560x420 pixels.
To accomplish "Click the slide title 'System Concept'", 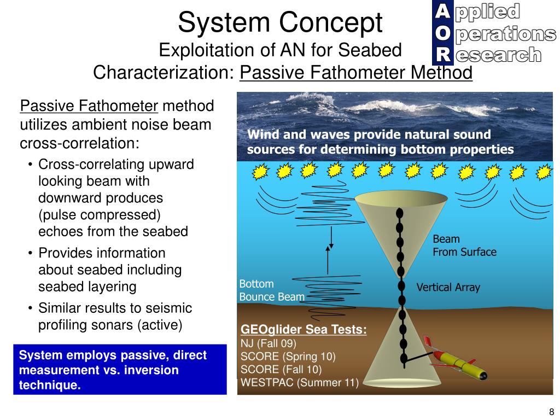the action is click(280, 23).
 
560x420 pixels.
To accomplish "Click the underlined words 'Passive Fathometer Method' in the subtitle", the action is click(356, 72).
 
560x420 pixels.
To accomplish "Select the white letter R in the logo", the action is click(443, 54).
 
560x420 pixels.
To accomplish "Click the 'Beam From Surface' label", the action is click(464, 246).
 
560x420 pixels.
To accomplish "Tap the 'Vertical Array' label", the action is click(448, 287).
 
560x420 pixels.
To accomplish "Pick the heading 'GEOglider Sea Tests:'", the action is click(304, 330).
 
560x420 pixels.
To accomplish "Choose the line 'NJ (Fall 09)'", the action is click(268, 343).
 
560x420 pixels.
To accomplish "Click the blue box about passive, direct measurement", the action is click(120, 370).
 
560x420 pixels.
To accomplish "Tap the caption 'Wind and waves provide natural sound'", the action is click(369, 135).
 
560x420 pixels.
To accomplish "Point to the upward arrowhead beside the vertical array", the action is click(328, 249).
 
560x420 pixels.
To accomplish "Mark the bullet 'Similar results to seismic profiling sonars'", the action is click(115, 317).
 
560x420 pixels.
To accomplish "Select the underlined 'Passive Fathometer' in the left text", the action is click(89, 106).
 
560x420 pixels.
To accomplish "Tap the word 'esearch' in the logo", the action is click(498, 55).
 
